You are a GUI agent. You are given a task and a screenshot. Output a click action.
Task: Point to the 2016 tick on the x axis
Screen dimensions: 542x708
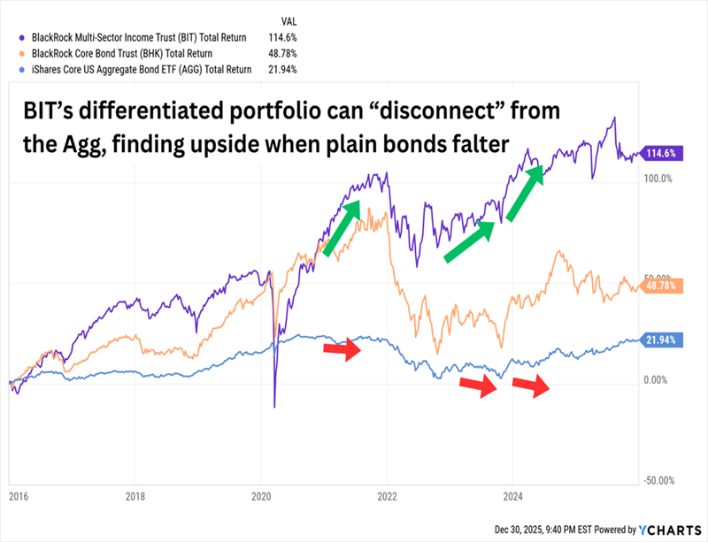tap(17, 496)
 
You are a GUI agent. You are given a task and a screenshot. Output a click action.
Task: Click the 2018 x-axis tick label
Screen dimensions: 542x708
tap(135, 496)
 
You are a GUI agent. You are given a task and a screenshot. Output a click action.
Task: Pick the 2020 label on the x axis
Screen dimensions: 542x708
tap(261, 496)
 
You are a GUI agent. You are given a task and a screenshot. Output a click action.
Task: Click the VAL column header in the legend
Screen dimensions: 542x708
tap(289, 21)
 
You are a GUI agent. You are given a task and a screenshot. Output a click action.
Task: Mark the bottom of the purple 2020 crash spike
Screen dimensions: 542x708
tap(274, 408)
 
